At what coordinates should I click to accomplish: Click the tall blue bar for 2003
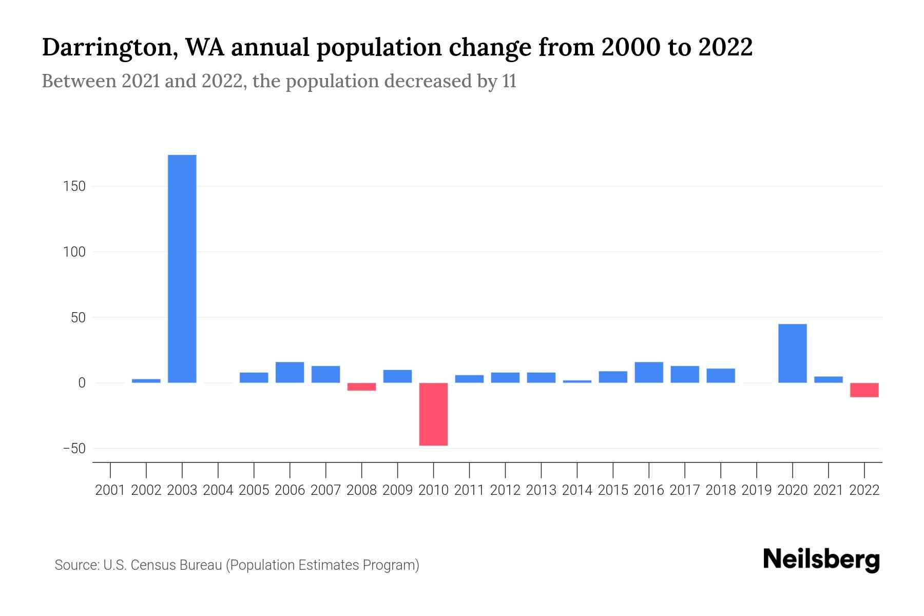pos(182,268)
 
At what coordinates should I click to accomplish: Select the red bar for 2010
pos(433,414)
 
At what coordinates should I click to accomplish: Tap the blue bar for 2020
pos(792,353)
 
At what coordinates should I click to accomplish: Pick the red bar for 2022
pos(864,390)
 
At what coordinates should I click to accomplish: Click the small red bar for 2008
pos(361,387)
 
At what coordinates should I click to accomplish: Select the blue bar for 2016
pos(648,372)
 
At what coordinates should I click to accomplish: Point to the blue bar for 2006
pos(290,372)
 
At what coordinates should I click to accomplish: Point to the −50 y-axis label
pos(73,449)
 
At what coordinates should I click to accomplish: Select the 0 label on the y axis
pos(81,383)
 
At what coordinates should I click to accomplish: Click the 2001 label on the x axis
pos(110,490)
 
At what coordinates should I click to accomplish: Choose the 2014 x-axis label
pos(577,490)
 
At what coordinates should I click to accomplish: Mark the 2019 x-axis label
pos(756,490)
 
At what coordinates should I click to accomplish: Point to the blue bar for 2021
pos(828,379)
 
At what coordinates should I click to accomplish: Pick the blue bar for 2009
pos(397,376)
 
